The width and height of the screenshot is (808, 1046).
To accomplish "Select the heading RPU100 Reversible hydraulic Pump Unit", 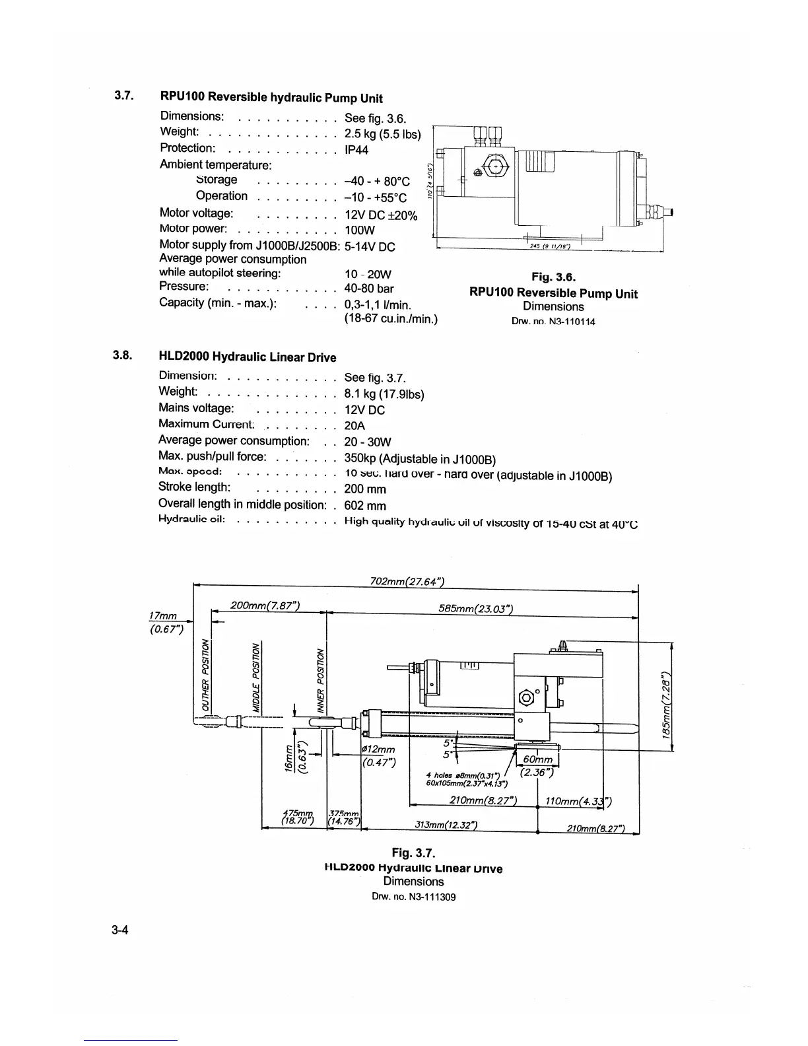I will click(271, 98).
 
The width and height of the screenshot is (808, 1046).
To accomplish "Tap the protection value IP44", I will click(356, 150).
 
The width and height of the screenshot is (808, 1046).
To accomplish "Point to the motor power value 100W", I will click(360, 230).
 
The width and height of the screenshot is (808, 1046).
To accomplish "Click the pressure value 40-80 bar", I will click(369, 289).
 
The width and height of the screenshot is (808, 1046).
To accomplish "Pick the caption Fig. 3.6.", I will click(553, 277).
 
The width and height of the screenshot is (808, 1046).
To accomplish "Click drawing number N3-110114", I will click(553, 322).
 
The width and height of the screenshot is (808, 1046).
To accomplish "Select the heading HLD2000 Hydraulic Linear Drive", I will click(248, 357).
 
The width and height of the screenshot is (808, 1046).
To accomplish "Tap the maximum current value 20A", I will click(354, 426).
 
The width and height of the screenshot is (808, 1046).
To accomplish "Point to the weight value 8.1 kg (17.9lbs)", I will click(384, 394).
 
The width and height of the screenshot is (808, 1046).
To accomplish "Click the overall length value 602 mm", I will click(365, 506).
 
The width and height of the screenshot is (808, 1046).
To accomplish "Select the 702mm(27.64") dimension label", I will click(407, 581).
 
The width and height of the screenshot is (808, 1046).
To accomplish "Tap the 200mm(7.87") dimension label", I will click(266, 606).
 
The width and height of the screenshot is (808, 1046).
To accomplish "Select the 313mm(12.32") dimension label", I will click(446, 825).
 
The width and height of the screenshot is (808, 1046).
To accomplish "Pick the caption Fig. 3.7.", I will click(414, 853).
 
